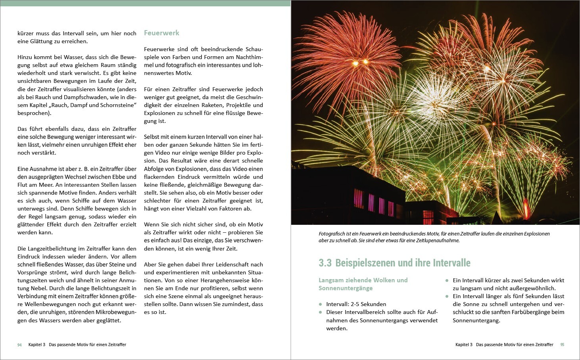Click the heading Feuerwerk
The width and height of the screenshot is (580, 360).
point(161,33)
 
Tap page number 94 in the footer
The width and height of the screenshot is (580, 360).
point(19,345)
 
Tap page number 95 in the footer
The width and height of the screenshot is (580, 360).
point(562,345)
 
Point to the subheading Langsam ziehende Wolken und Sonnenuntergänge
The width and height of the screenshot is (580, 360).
point(363,284)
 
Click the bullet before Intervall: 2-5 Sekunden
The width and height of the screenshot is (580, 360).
point(321,304)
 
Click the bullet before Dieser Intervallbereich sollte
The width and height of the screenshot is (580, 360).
point(321,312)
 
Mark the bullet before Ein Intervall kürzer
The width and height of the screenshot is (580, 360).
point(447,280)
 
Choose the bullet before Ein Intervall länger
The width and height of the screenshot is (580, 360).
point(447,296)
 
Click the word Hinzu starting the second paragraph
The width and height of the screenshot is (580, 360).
point(25,57)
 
